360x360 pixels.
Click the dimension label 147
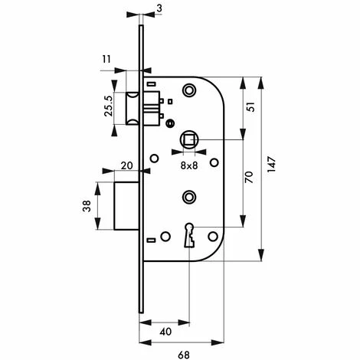click(272, 165)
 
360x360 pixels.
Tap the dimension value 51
click(251, 106)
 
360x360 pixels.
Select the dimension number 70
click(249, 177)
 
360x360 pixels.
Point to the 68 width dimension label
click(183, 355)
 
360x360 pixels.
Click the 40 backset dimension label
click(165, 332)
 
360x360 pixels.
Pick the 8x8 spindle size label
click(189, 165)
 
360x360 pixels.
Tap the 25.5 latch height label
click(109, 106)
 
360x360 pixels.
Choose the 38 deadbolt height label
click(87, 206)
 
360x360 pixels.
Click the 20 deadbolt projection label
click(127, 165)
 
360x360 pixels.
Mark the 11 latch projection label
click(106, 59)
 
